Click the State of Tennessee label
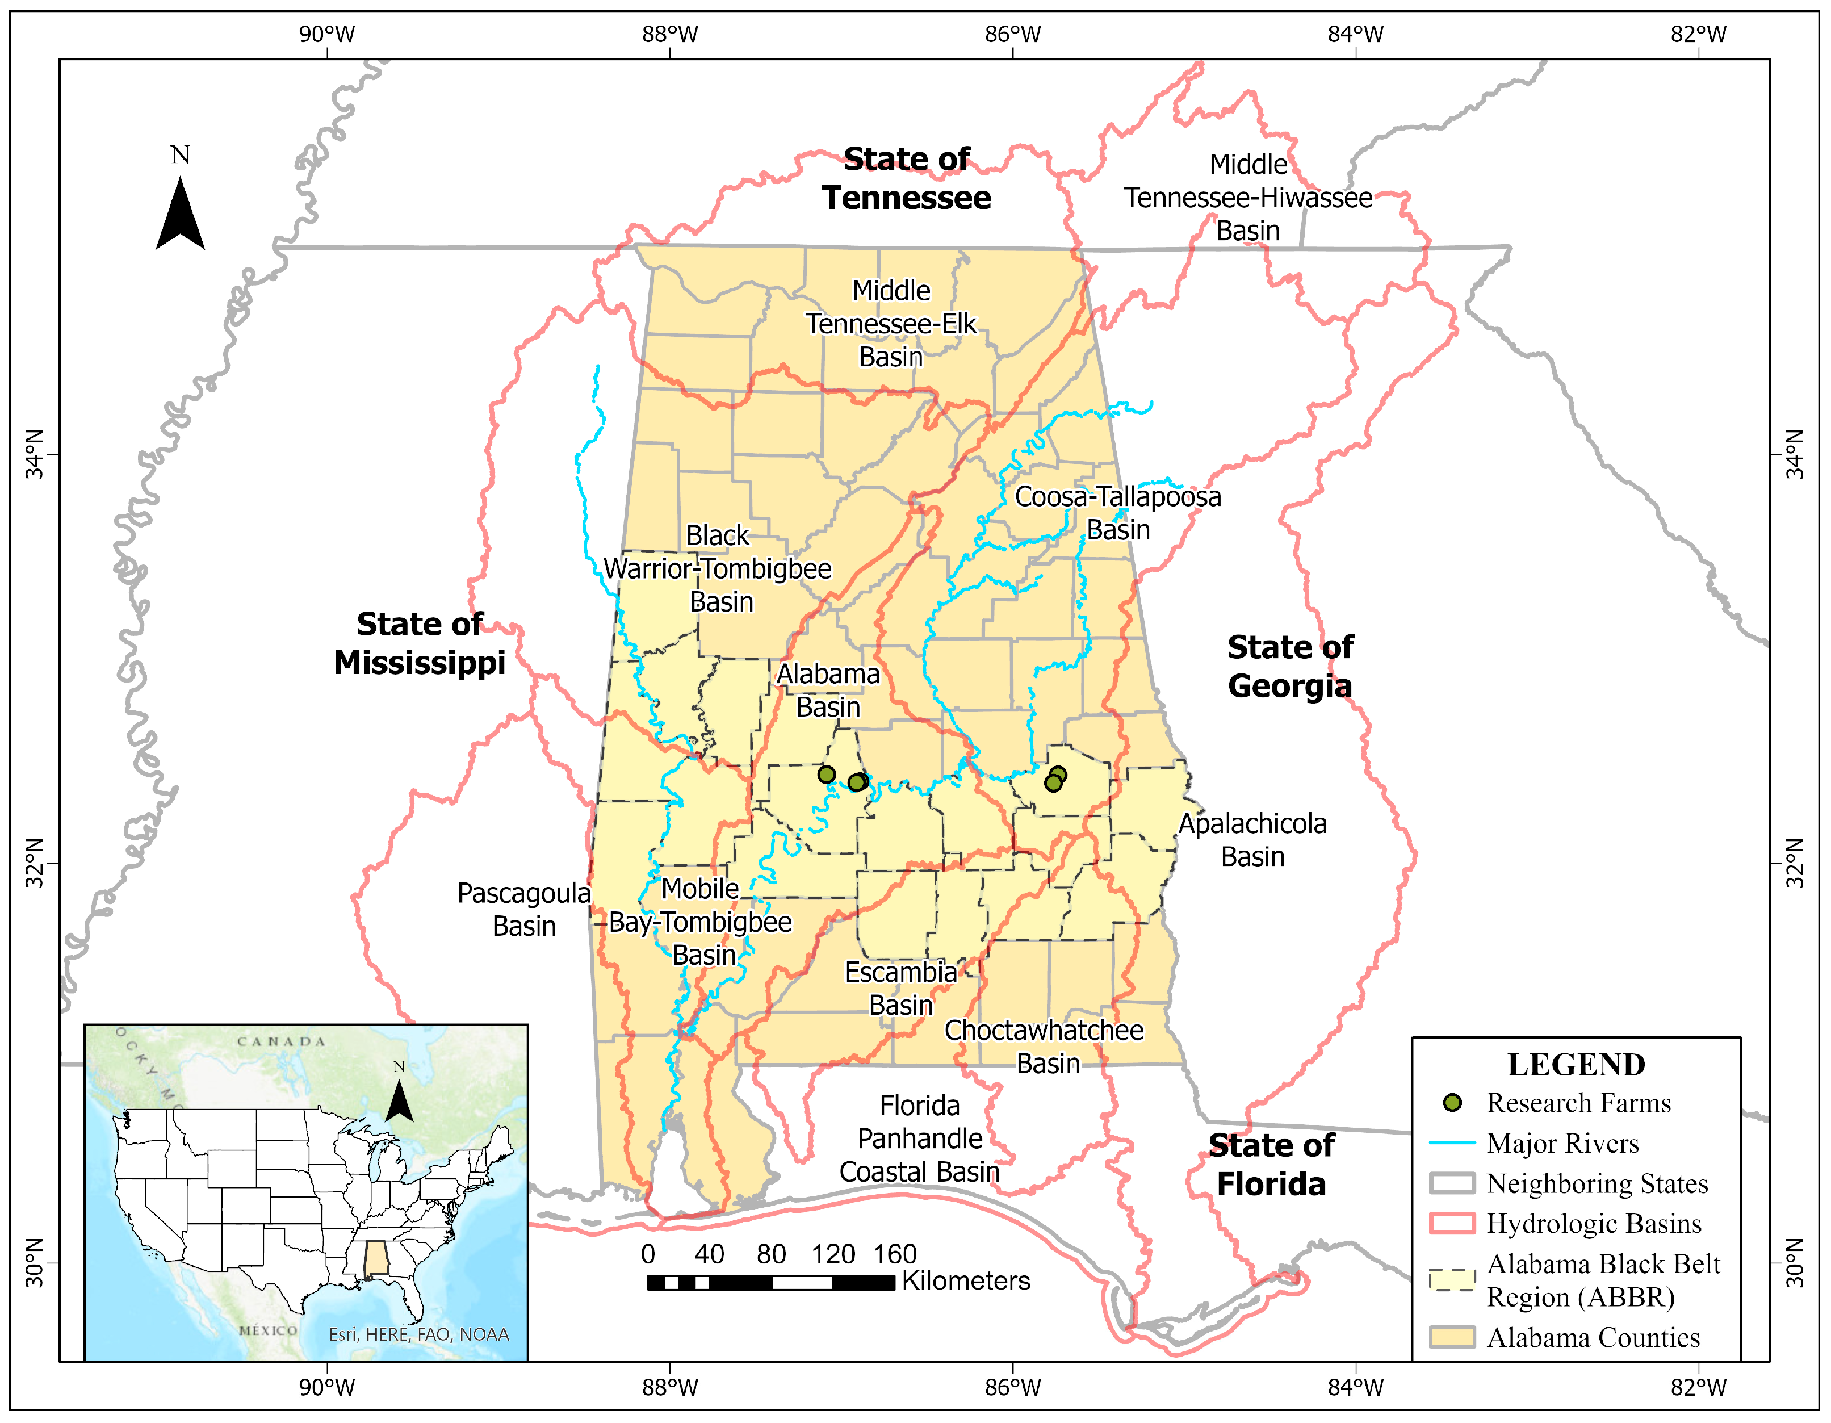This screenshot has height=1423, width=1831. (906, 179)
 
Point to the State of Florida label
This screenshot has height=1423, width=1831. (1271, 1164)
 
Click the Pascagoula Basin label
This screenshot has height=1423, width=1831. (524, 909)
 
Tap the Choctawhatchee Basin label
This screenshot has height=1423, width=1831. (1045, 1047)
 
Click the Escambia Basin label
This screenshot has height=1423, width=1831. (900, 988)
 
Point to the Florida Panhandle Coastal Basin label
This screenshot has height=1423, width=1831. (920, 1138)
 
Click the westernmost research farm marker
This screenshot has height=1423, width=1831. (827, 774)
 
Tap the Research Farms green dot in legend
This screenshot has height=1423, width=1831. (1452, 1103)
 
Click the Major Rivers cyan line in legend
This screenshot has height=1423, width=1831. (1452, 1143)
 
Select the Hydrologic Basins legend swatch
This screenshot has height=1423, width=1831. (1452, 1224)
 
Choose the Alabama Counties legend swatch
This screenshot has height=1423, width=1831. (1452, 1337)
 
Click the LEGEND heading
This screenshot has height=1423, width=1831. (1576, 1064)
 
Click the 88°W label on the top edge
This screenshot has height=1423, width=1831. (670, 35)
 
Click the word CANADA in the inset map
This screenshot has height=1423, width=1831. (281, 1041)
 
